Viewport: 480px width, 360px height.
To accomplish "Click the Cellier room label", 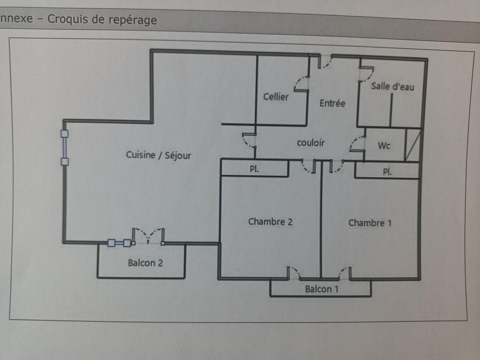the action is pos(276,97).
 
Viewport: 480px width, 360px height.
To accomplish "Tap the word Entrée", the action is pos(332,103).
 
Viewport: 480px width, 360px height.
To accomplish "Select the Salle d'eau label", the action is pos(393,86).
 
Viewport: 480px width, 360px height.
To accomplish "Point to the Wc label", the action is pos(384,145).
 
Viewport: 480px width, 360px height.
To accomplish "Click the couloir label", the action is pos(311,143).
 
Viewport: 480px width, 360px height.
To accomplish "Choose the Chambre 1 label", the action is pos(370,223).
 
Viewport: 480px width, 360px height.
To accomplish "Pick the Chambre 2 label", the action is pos(270,221).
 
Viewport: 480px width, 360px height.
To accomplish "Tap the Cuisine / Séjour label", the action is pos(158,155).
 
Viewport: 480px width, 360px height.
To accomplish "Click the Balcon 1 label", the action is pos(322,289).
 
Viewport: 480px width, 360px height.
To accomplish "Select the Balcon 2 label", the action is pos(145,263).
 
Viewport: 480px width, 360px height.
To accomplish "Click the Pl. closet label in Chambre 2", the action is pos(254,169).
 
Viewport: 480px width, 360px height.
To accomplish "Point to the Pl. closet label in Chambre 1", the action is pos(387,171).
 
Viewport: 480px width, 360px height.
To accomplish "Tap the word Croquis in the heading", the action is pos(68,18).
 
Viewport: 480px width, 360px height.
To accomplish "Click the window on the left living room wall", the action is pos(64,148).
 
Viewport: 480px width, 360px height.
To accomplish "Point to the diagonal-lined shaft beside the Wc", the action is pos(413,145).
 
